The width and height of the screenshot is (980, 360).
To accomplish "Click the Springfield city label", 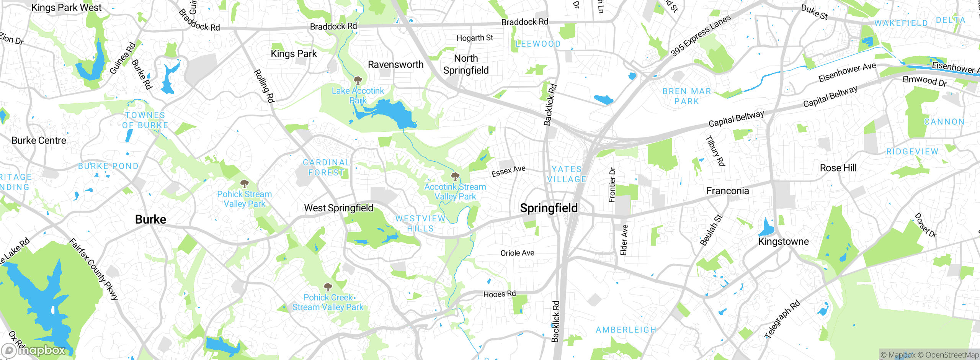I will tap(549, 208).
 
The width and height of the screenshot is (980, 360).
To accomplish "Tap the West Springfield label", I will tap(338, 208).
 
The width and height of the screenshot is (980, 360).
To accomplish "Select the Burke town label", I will tap(150, 219).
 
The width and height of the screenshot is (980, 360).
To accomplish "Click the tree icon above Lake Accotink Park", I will tap(358, 80).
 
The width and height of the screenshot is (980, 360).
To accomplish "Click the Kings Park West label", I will tap(66, 8).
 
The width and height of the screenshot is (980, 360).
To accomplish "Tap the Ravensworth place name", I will tap(395, 65).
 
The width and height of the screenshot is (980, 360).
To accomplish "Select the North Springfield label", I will tap(466, 64).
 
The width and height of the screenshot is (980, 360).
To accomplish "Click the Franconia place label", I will tap(727, 191).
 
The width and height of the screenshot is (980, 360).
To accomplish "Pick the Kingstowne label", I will tap(783, 242).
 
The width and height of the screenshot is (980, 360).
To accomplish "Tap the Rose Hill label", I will tap(838, 168).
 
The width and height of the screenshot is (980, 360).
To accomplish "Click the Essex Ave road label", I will tap(508, 171).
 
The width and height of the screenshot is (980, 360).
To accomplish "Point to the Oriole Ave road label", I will tap(517, 253).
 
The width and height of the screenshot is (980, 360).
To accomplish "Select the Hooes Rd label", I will tap(499, 294).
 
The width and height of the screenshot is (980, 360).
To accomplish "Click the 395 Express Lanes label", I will tap(701, 35).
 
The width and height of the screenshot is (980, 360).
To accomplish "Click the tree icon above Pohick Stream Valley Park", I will tap(244, 184).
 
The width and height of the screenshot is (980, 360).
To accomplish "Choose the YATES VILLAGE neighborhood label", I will tap(567, 174).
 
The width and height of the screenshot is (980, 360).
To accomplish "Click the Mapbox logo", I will tap(34, 350).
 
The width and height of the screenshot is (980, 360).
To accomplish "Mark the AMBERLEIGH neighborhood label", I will tap(626, 330).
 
